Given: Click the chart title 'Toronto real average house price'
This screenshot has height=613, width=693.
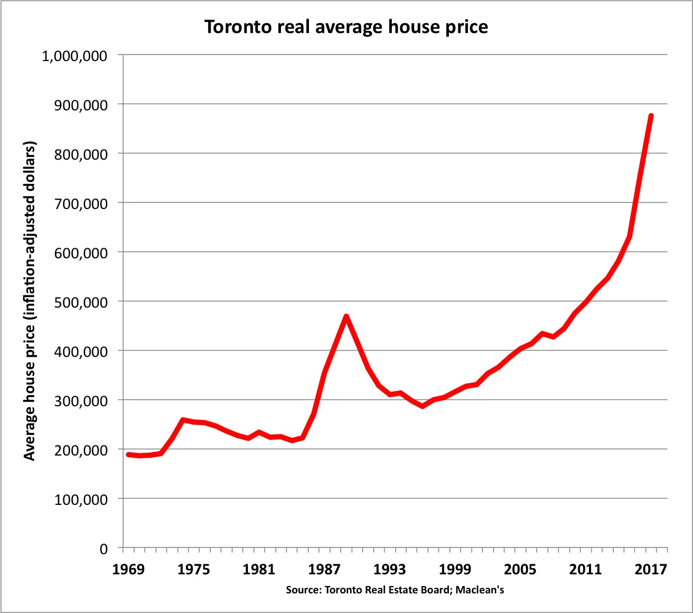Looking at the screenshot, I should pyautogui.click(x=346, y=27).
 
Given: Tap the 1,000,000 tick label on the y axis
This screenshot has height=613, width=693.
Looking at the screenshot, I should pyautogui.click(x=74, y=56).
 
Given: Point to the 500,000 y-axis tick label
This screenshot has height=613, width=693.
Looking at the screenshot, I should pyautogui.click(x=81, y=303).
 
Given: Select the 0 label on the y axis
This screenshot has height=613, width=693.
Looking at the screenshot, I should pyautogui.click(x=104, y=549).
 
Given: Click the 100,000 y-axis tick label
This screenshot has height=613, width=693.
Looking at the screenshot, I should pyautogui.click(x=81, y=500).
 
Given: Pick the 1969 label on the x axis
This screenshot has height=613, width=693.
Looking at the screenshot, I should pyautogui.click(x=128, y=570).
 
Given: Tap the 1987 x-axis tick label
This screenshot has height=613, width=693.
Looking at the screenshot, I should pyautogui.click(x=324, y=570).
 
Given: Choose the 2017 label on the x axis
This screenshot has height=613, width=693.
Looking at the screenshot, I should pyautogui.click(x=650, y=570).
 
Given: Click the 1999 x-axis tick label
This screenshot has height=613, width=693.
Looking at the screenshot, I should pyautogui.click(x=455, y=570).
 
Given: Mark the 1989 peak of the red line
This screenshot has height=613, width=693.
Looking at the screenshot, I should pyautogui.click(x=346, y=317).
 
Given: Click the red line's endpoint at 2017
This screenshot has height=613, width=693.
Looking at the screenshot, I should pyautogui.click(x=651, y=116).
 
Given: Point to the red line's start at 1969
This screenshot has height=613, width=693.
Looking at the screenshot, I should pyautogui.click(x=128, y=454).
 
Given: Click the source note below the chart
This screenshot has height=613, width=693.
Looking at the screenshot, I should pyautogui.click(x=395, y=590).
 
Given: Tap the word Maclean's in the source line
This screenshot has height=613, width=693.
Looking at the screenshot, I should pyautogui.click(x=480, y=590).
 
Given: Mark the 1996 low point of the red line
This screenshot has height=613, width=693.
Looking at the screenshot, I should pyautogui.click(x=423, y=406).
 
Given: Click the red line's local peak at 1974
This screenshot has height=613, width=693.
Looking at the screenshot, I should pyautogui.click(x=183, y=420).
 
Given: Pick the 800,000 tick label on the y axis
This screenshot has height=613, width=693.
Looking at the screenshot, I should pyautogui.click(x=81, y=155).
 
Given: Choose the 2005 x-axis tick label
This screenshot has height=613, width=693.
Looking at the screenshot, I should pyautogui.click(x=520, y=570).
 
